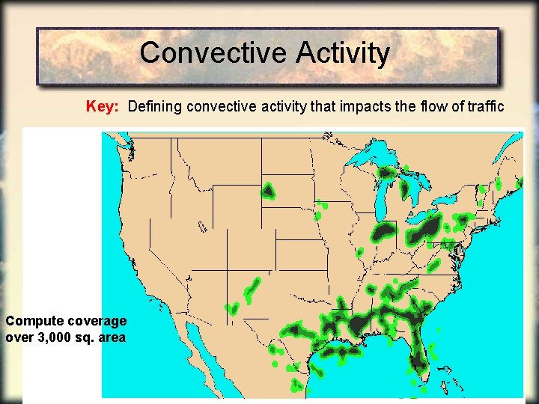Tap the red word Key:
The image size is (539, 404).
(x=103, y=106)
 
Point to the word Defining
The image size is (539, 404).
(x=155, y=106)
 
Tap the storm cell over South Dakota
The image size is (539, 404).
(x=267, y=192)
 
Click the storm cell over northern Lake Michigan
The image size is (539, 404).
(x=386, y=174)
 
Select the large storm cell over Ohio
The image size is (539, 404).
(x=425, y=230)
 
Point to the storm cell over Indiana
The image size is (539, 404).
(x=385, y=231)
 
